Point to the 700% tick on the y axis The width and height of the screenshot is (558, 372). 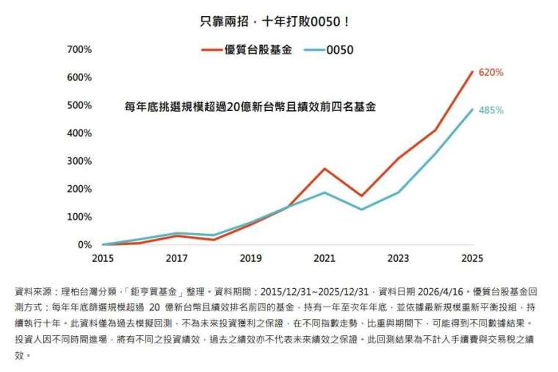(x=79, y=49)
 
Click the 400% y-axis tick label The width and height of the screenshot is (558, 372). (x=79, y=133)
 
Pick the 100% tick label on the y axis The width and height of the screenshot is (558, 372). (x=79, y=217)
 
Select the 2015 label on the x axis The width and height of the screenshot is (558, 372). (x=103, y=259)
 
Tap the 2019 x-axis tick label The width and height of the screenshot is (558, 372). (x=250, y=259)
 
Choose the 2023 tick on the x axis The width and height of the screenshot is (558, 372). (x=399, y=259)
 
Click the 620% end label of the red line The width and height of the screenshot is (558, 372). (x=491, y=73)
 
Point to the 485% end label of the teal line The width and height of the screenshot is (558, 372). (x=491, y=110)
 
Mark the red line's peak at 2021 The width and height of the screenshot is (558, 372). (x=325, y=168)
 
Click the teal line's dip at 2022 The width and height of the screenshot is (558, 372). (x=361, y=210)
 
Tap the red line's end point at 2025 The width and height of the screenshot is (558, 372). (x=472, y=71)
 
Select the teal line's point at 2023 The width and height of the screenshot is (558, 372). (x=399, y=193)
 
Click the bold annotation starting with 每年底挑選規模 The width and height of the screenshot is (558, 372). (x=250, y=107)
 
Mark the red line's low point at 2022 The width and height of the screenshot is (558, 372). (x=361, y=196)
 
